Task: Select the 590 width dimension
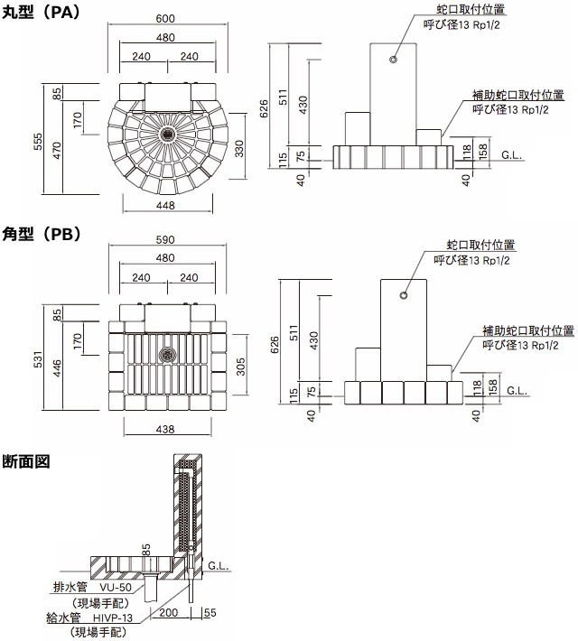[164, 240]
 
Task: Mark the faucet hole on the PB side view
[404, 295]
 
